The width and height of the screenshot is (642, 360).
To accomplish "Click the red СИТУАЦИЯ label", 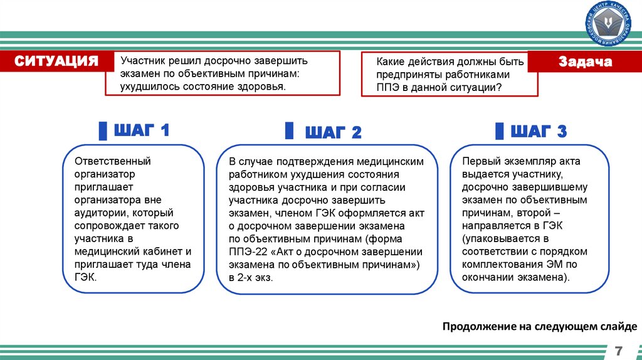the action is tap(57, 61).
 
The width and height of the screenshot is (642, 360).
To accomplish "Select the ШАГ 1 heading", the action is tap(141, 131).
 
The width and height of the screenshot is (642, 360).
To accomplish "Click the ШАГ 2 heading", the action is tap(333, 132).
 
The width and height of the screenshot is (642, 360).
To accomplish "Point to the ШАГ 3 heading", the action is tap(539, 132).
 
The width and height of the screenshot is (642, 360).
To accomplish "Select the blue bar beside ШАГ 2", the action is tap(289, 131).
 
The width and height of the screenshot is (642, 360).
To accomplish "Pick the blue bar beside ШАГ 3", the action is tap(498, 131).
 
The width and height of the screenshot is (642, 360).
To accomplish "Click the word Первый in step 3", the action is tap(480, 161).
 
